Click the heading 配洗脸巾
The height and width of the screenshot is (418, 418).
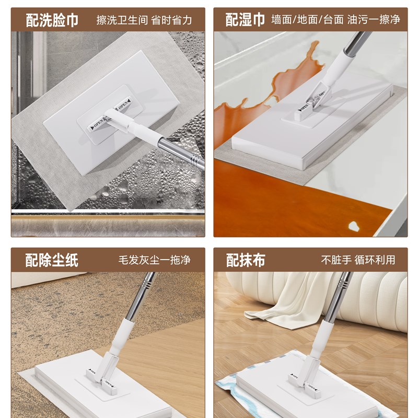pyautogui.click(x=52, y=20)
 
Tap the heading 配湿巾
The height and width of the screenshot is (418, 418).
pyautogui.click(x=245, y=20)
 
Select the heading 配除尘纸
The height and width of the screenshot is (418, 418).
pyautogui.click(x=52, y=260)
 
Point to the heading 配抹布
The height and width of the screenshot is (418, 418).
pyautogui.click(x=245, y=260)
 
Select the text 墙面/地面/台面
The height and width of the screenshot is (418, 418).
pyautogui.click(x=307, y=20)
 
